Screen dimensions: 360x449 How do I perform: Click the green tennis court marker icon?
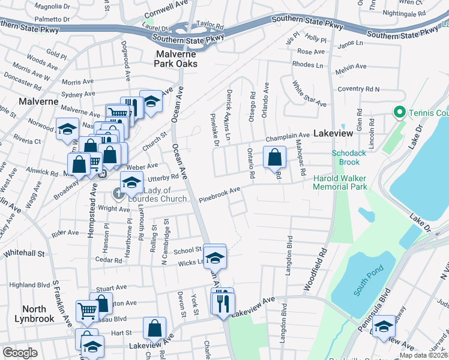398,113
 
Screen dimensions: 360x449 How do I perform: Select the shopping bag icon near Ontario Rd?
274,158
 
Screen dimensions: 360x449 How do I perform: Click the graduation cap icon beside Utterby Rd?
131,182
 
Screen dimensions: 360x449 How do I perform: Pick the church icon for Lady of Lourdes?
118,193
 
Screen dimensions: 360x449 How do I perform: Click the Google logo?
20,353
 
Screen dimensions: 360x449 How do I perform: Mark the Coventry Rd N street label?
358,89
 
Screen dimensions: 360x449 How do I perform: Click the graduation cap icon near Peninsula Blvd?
384,326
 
